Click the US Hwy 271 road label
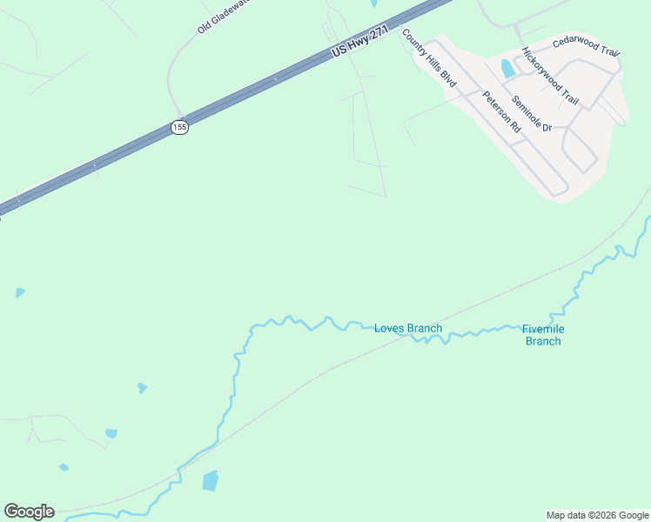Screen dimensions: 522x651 click(359, 41)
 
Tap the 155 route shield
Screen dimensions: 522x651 click(178, 127)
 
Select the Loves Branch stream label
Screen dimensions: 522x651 click(408, 328)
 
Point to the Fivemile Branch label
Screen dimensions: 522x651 click(543, 335)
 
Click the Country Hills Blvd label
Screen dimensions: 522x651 click(428, 57)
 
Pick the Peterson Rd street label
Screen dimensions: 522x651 click(501, 111)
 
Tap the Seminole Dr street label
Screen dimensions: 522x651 click(532, 113)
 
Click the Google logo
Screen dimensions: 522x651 click(29, 512)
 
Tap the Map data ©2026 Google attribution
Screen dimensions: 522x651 click(597, 515)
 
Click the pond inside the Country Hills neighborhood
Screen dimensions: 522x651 click(507, 69)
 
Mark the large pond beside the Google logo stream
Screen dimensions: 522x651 click(211, 480)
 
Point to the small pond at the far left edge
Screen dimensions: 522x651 click(19, 292)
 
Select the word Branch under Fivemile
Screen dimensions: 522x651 click(543, 341)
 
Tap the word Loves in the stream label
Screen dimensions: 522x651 click(389, 328)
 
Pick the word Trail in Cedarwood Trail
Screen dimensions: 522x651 click(607, 52)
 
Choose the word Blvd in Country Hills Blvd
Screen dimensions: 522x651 click(447, 78)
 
